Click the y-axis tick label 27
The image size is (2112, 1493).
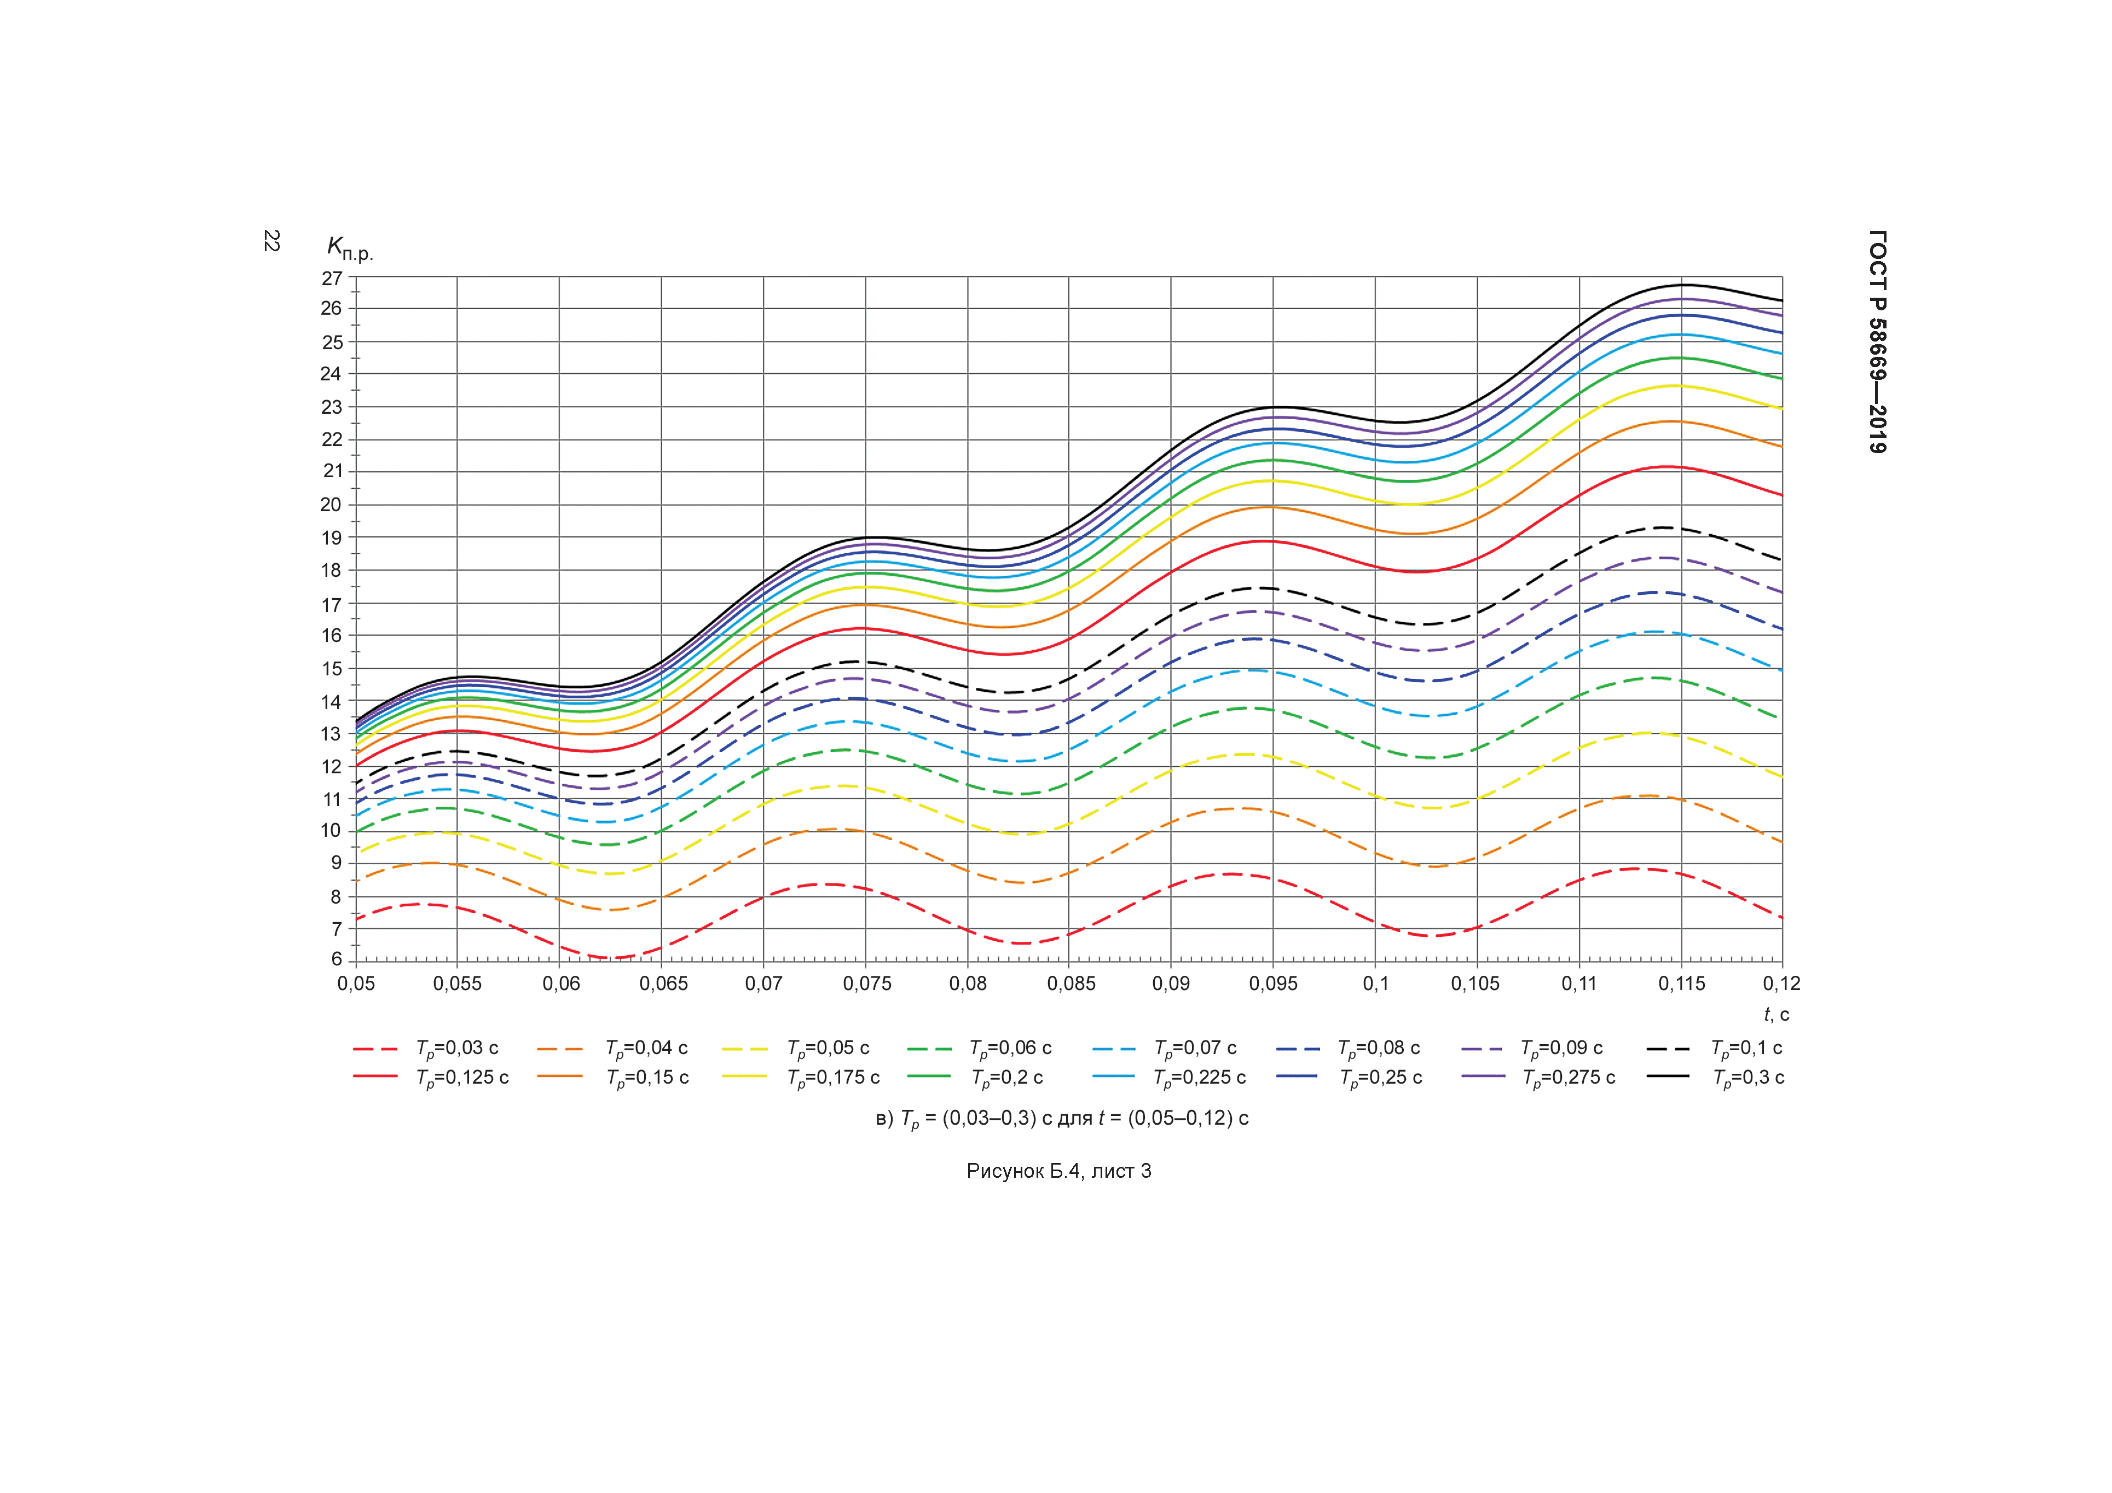[x=331, y=279]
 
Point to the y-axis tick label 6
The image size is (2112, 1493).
[x=335, y=959]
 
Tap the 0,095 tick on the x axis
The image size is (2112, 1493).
[x=1273, y=983]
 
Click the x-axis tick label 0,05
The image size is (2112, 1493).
[x=356, y=983]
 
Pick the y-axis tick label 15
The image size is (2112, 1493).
[x=331, y=669]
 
